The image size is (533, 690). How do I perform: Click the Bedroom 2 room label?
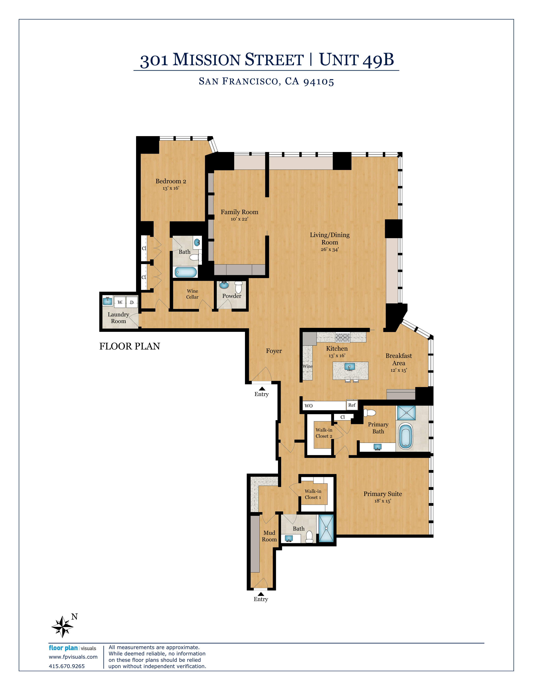pyautogui.click(x=171, y=181)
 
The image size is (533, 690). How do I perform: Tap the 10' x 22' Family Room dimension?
pyautogui.click(x=239, y=219)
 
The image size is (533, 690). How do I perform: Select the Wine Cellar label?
pyautogui.click(x=192, y=294)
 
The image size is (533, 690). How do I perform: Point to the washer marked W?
pyautogui.click(x=120, y=302)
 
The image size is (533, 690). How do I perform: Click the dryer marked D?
pyautogui.click(x=132, y=302)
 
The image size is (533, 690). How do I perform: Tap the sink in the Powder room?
pyautogui.click(x=224, y=285)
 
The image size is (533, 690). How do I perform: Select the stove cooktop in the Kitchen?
pyautogui.click(x=343, y=337)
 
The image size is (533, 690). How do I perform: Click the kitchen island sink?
pyautogui.click(x=349, y=367)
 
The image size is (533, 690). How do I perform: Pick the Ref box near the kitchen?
pyautogui.click(x=352, y=405)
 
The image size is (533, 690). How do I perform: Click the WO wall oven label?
pyautogui.click(x=309, y=406)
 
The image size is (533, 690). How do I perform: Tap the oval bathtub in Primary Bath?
pyautogui.click(x=406, y=436)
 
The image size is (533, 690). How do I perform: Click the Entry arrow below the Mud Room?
pyautogui.click(x=261, y=594)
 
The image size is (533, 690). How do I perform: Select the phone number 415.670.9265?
pyautogui.click(x=67, y=666)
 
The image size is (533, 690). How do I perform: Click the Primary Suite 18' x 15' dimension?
pyautogui.click(x=382, y=501)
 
